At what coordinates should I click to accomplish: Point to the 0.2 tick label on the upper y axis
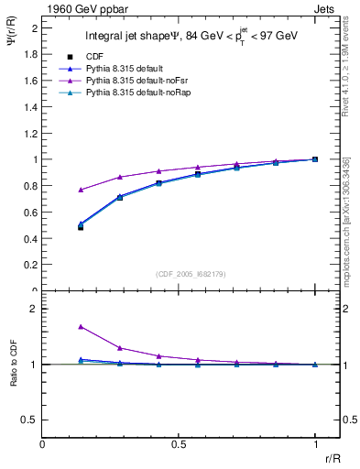click(30, 265)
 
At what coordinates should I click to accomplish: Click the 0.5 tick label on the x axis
click(179, 443)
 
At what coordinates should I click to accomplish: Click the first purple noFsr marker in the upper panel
click(82, 190)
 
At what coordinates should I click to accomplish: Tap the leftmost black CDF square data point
click(82, 227)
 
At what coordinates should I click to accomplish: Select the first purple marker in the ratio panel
click(82, 326)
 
